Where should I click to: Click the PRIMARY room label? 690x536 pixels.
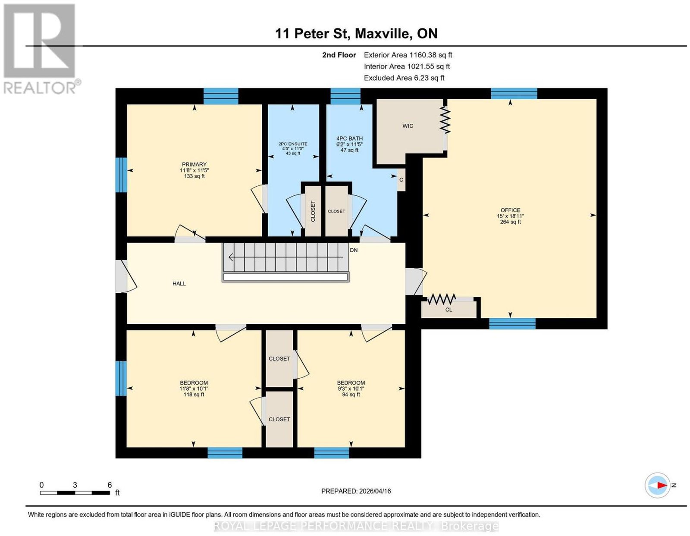pos(194,164)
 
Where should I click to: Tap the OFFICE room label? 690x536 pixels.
pos(510,210)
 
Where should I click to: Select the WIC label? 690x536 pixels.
pos(408,126)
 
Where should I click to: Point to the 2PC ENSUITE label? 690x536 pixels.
pos(292,144)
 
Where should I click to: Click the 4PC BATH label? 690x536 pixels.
pos(349,138)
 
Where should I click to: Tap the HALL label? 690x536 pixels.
pos(179,283)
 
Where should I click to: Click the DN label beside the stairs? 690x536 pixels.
pos(354,250)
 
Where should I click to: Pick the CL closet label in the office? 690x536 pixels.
pos(448,310)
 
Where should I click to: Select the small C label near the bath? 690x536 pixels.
pos(401,180)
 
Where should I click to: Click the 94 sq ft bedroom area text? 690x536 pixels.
pos(351,395)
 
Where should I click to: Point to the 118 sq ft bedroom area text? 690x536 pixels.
pos(194,395)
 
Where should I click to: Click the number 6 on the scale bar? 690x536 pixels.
pos(110,485)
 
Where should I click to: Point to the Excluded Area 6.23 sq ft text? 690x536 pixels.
pos(404,78)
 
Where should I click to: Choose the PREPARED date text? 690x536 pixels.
pos(356,491)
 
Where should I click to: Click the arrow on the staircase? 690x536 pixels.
pos(285,257)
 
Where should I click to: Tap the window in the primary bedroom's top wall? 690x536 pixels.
pos(221,96)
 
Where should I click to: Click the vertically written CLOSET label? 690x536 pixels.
pos(313,211)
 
